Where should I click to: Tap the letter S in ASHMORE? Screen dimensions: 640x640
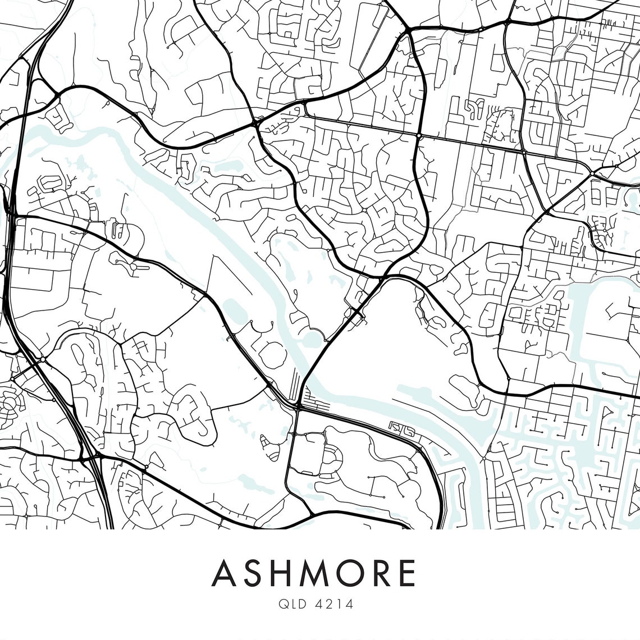pos(258,573)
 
